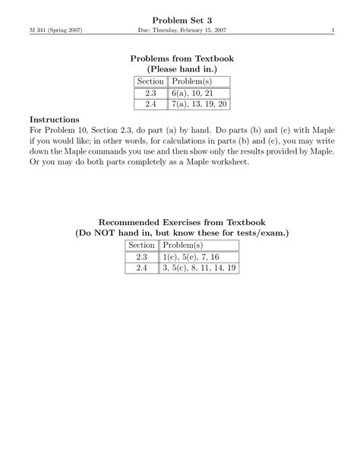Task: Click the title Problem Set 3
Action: [179, 18]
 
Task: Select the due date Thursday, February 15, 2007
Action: [191, 30]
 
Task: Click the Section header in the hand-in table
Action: [150, 81]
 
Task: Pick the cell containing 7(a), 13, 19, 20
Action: [200, 104]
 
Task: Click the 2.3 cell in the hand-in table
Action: [150, 93]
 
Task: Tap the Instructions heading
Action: [55, 119]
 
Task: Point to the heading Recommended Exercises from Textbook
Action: [179, 221]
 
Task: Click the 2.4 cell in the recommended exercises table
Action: [141, 268]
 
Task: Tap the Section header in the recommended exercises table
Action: [141, 246]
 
